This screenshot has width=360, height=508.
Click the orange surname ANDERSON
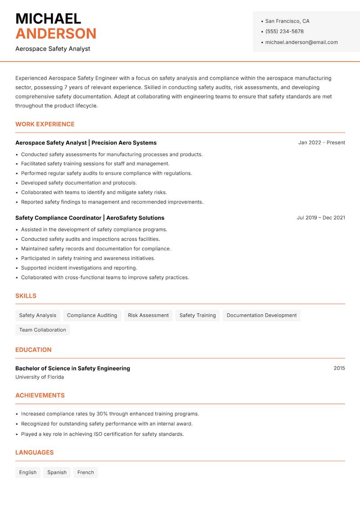click(56, 34)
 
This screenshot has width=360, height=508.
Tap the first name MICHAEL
click(48, 18)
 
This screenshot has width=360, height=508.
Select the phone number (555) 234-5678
click(284, 31)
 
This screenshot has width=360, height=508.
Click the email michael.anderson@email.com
click(301, 42)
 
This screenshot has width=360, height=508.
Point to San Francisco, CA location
click(287, 21)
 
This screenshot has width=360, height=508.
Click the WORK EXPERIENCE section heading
click(45, 124)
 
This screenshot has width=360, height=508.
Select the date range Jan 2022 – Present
click(321, 143)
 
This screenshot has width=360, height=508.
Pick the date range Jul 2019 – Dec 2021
click(321, 218)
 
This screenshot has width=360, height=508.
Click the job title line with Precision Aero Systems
click(86, 143)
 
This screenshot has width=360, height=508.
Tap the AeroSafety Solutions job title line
click(90, 218)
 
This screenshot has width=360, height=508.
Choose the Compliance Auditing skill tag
click(92, 315)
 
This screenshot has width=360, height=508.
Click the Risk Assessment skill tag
click(148, 315)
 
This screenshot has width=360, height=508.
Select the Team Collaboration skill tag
click(42, 330)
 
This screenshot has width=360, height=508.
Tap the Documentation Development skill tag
click(261, 315)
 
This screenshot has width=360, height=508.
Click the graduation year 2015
click(339, 368)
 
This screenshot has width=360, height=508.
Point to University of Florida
click(40, 377)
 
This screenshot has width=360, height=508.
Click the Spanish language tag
click(57, 472)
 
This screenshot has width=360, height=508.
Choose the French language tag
click(85, 472)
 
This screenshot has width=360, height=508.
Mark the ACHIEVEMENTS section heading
click(40, 395)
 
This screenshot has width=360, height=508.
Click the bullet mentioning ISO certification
click(102, 434)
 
